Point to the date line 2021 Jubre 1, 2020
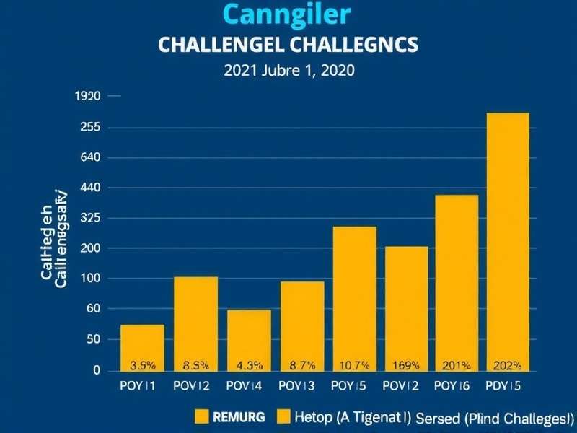click(288, 71)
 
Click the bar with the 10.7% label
click(354, 299)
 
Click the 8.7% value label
click(302, 365)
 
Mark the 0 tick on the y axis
click(96, 370)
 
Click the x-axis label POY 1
click(139, 386)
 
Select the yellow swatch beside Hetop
click(281, 416)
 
